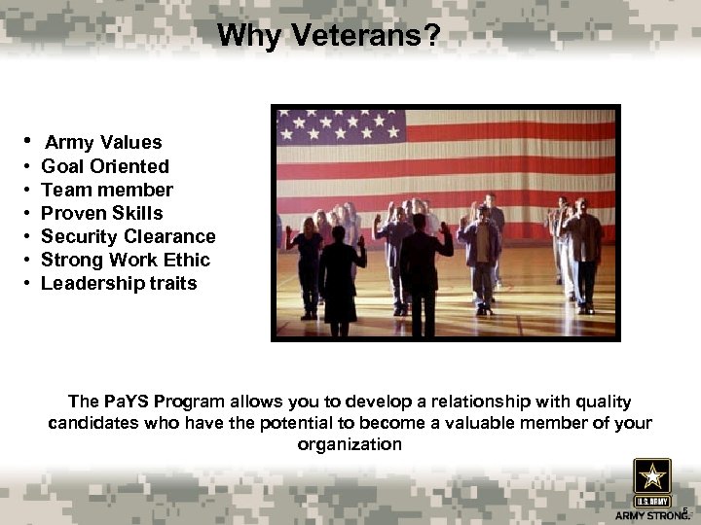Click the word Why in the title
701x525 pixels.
(244, 36)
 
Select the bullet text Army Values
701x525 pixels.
(103, 143)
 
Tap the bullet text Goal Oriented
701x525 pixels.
(105, 166)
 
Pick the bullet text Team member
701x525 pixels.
(107, 190)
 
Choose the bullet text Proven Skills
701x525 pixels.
(102, 213)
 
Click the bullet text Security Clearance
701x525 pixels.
(129, 236)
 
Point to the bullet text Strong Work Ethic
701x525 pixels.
(126, 260)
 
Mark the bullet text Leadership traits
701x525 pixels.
(119, 283)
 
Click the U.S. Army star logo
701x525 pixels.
(651, 479)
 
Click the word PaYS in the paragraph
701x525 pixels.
(121, 402)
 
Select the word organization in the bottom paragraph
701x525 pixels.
(350, 444)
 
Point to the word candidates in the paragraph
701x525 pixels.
(92, 423)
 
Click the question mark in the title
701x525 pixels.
(433, 36)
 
